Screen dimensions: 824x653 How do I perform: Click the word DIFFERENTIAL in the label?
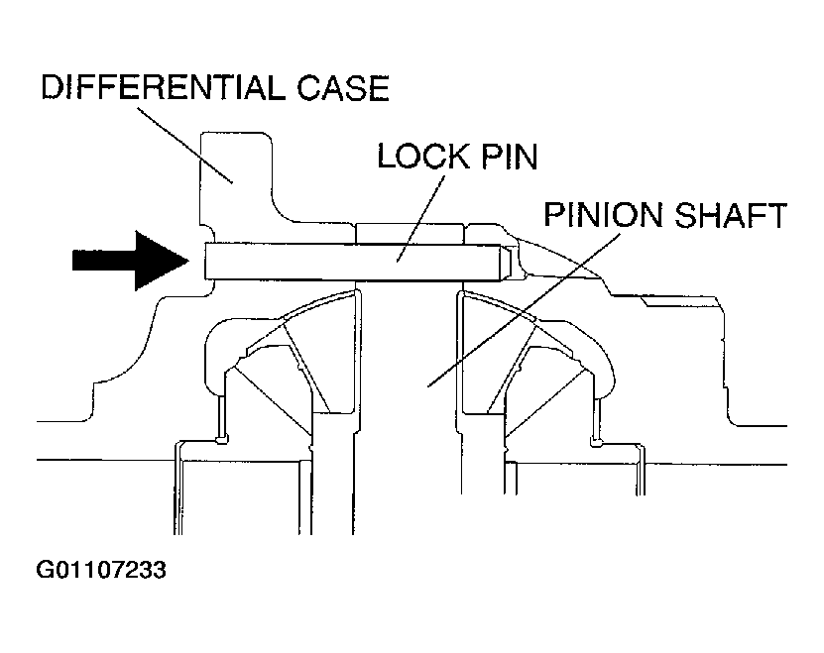click(164, 87)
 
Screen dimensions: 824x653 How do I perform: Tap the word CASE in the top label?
click(343, 87)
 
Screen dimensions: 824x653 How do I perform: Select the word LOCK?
click(423, 156)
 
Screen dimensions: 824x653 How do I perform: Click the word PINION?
click(603, 214)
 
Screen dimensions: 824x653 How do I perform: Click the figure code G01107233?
click(101, 570)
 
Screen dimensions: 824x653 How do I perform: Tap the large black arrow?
click(130, 261)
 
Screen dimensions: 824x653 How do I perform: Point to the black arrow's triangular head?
click(162, 261)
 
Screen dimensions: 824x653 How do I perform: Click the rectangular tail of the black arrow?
click(104, 261)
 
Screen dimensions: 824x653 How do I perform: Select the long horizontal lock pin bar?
click(357, 262)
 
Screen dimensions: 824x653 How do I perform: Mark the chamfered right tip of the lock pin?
click(506, 262)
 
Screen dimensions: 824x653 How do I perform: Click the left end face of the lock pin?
click(205, 262)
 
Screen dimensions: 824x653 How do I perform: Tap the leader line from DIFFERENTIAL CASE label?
click(185, 146)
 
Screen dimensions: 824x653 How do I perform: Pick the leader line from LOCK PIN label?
click(420, 219)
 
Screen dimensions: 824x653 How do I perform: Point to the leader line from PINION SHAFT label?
click(524, 310)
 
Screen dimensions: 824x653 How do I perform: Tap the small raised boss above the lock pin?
click(410, 233)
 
